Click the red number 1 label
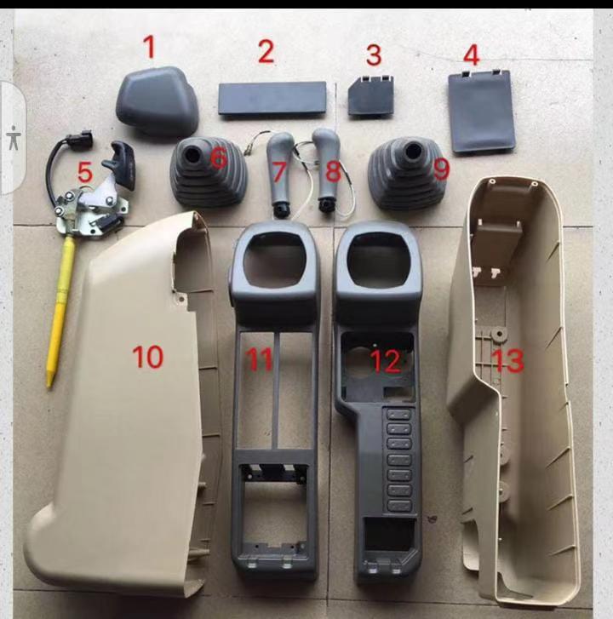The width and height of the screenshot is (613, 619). (x=149, y=47)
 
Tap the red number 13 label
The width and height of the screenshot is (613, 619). (x=508, y=360)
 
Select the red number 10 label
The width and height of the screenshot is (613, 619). (x=147, y=357)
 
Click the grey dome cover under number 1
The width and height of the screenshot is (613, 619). (x=158, y=101)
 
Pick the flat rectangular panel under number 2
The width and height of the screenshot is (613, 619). (x=272, y=99)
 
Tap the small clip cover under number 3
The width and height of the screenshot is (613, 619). (x=370, y=97)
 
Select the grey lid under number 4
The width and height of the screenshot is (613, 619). (x=482, y=112)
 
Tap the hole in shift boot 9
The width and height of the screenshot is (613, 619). (x=412, y=150)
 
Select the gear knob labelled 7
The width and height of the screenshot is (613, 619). (x=279, y=172)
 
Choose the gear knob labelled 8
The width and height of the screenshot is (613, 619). (x=327, y=169)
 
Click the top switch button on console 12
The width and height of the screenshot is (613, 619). (x=399, y=415)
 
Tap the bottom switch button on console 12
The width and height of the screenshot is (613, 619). (x=399, y=506)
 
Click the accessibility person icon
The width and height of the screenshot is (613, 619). (x=14, y=138)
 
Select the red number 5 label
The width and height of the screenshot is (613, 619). (x=85, y=172)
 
